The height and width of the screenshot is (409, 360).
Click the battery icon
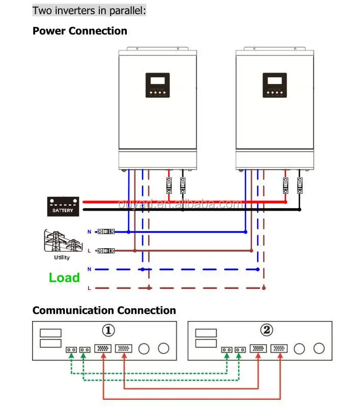coord(63,206)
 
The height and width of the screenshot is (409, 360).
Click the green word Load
coord(64,278)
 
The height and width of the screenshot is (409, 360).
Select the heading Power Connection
coord(80,31)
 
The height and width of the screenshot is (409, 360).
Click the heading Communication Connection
coord(104,310)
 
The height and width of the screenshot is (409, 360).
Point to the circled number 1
coord(108,331)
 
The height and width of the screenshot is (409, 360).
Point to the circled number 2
coord(266,331)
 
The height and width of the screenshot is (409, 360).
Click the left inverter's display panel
coord(157,84)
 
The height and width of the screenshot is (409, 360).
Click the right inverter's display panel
coord(274,84)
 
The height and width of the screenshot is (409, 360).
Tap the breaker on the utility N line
coord(106,231)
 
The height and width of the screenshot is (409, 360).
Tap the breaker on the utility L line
coord(106,250)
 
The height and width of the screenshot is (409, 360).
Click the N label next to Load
coord(89,269)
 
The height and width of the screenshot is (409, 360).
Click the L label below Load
coord(89,288)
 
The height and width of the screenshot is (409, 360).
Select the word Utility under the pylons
coord(62,257)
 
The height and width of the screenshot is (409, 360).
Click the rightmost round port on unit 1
coord(163,348)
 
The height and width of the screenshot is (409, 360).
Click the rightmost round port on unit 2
coord(319,348)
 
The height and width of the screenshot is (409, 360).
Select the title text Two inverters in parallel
coord(89,10)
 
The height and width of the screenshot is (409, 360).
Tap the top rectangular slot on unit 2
coord(206,333)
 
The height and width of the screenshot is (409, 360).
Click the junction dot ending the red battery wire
coord(286,202)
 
